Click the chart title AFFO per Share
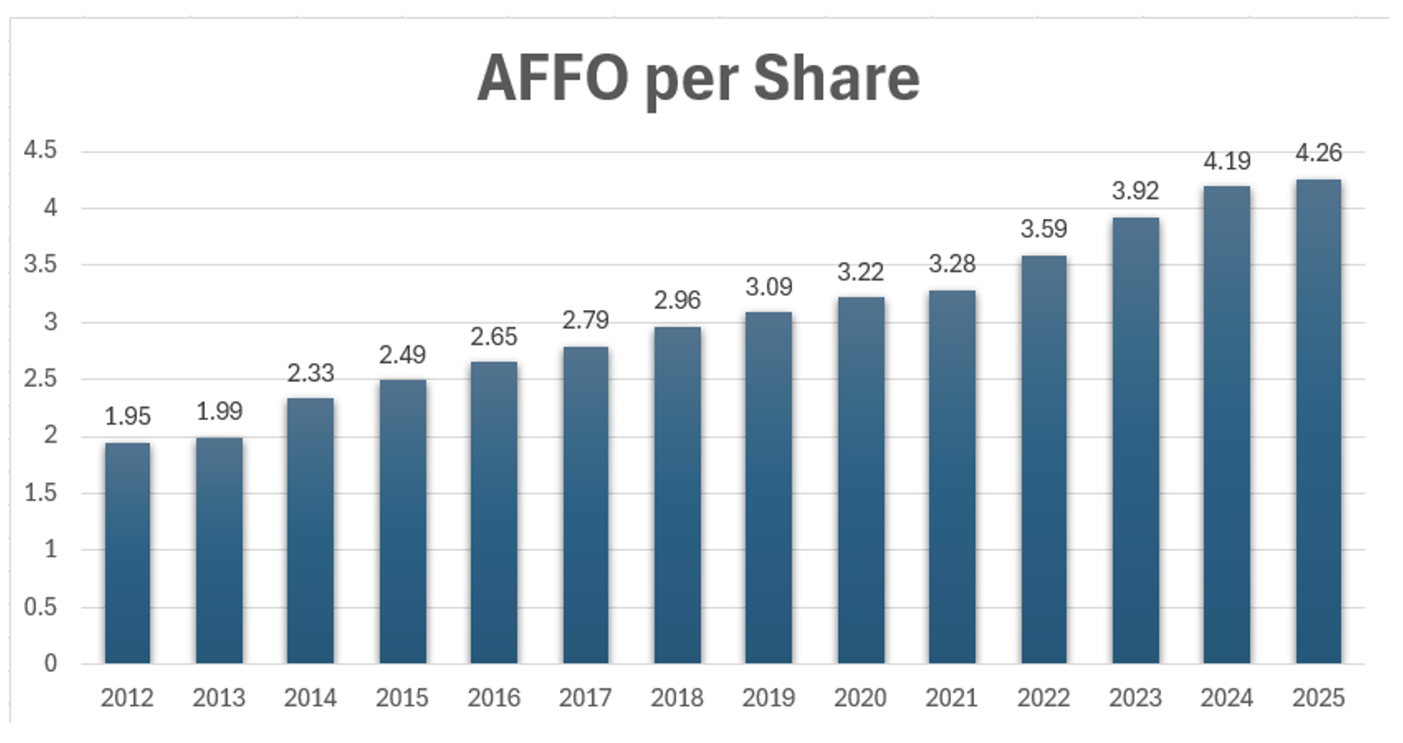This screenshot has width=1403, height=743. point(698,79)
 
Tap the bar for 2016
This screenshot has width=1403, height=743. point(494,513)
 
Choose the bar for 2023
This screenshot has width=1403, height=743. point(1135,440)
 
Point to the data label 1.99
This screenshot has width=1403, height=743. point(219,412)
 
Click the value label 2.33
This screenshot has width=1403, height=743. point(310,373)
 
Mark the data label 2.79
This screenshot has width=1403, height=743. point(585,320)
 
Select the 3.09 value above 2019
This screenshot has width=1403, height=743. point(768,287)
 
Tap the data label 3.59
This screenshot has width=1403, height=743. point(1043,229)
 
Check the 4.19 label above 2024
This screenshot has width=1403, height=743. point(1227,161)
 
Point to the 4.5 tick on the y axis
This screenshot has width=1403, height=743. point(41,150)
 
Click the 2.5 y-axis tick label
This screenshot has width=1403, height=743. point(41,378)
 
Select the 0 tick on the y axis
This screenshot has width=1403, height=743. point(50,663)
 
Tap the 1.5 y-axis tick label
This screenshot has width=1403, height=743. point(41,493)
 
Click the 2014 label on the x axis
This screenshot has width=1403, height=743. point(310,698)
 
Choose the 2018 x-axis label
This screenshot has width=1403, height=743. point(677,698)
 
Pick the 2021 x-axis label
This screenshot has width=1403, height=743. point(952,698)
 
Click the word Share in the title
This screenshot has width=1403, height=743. point(836,79)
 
